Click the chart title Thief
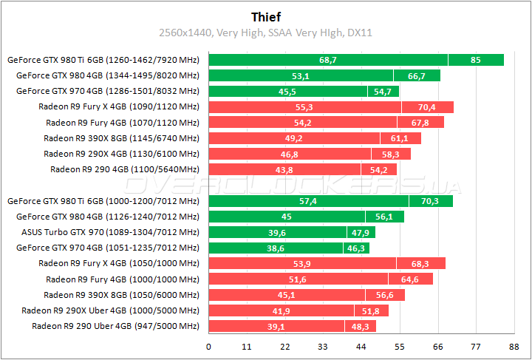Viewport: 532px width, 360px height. [265, 16]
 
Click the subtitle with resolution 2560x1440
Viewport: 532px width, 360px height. [265, 33]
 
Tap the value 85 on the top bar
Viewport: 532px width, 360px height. [475, 60]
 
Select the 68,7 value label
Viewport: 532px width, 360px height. [328, 60]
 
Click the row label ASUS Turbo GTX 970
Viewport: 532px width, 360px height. [109, 232]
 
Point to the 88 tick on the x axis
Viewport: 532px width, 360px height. [513, 346]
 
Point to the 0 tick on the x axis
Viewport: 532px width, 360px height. [209, 346]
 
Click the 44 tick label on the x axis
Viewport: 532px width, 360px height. [361, 346]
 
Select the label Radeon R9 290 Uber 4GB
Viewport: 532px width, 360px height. [115, 326]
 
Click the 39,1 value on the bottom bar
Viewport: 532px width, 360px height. [276, 326]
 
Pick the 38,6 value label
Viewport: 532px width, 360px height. [275, 248]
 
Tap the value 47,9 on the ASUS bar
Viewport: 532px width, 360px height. [360, 232]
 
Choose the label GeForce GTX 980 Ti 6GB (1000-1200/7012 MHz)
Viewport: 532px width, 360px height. [103, 201]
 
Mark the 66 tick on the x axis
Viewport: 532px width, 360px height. [437, 346]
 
